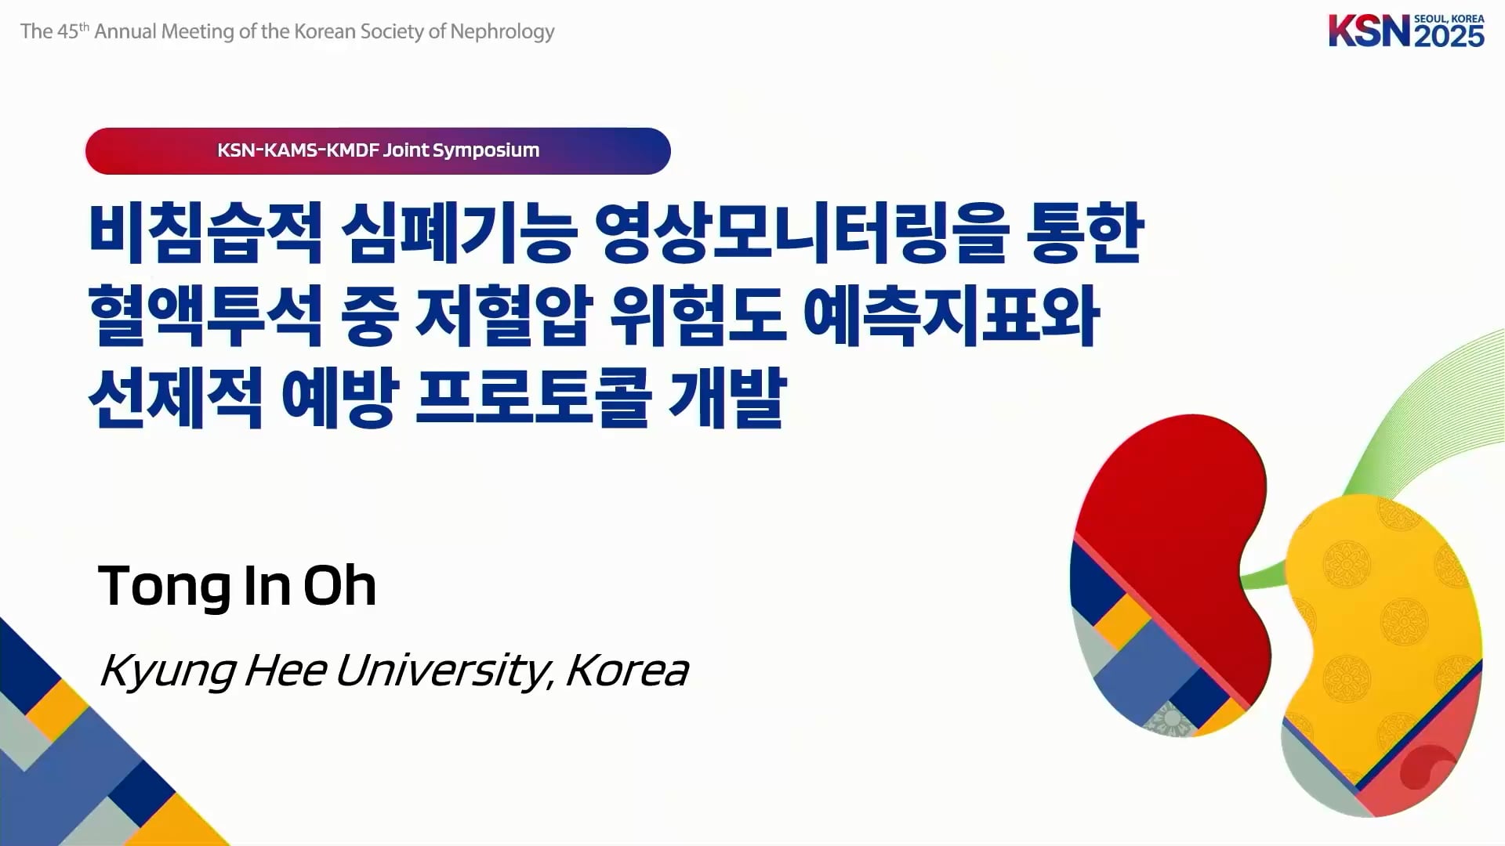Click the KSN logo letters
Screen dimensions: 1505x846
(1369, 31)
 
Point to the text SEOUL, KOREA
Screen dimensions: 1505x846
(1449, 19)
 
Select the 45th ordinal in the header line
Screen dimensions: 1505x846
(74, 31)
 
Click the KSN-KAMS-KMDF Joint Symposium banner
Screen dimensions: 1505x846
(378, 150)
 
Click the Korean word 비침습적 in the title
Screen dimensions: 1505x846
(205, 233)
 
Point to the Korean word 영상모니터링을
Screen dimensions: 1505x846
(800, 233)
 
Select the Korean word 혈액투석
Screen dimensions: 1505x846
(205, 316)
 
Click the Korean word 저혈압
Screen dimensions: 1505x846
(502, 316)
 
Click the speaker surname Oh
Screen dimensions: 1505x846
(340, 585)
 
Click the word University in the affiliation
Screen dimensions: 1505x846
(444, 671)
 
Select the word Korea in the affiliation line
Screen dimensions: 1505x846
(626, 671)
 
